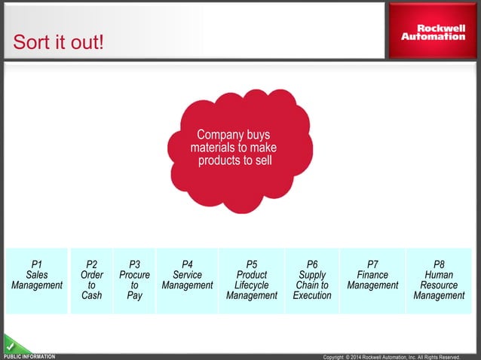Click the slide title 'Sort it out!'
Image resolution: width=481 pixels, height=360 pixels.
[58, 42]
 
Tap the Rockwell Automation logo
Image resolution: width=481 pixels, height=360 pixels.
[433, 31]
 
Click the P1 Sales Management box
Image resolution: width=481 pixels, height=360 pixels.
[36, 280]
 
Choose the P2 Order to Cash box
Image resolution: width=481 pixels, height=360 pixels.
[91, 280]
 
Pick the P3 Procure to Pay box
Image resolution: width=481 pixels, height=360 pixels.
[134, 280]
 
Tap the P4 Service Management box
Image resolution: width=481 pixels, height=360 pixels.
[187, 280]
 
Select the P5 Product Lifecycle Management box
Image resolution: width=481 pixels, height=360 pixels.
[251, 280]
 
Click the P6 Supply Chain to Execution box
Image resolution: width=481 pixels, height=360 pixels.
[312, 280]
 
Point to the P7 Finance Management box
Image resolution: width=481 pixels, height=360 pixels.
[372, 280]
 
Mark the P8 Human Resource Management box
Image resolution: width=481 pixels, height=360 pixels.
[439, 280]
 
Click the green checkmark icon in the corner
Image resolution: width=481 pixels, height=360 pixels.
[11, 345]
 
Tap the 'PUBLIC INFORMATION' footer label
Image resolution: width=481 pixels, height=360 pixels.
[30, 356]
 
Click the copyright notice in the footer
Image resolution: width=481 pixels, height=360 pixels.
[391, 357]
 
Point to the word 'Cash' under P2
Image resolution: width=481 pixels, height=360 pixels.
[91, 296]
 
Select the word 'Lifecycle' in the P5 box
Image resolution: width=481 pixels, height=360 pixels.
[251, 285]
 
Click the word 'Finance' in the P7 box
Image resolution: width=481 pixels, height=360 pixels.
[372, 275]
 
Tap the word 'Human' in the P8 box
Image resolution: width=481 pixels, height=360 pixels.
[439, 275]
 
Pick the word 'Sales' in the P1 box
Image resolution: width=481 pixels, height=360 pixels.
[36, 275]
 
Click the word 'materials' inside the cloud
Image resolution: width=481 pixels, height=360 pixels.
[213, 148]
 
